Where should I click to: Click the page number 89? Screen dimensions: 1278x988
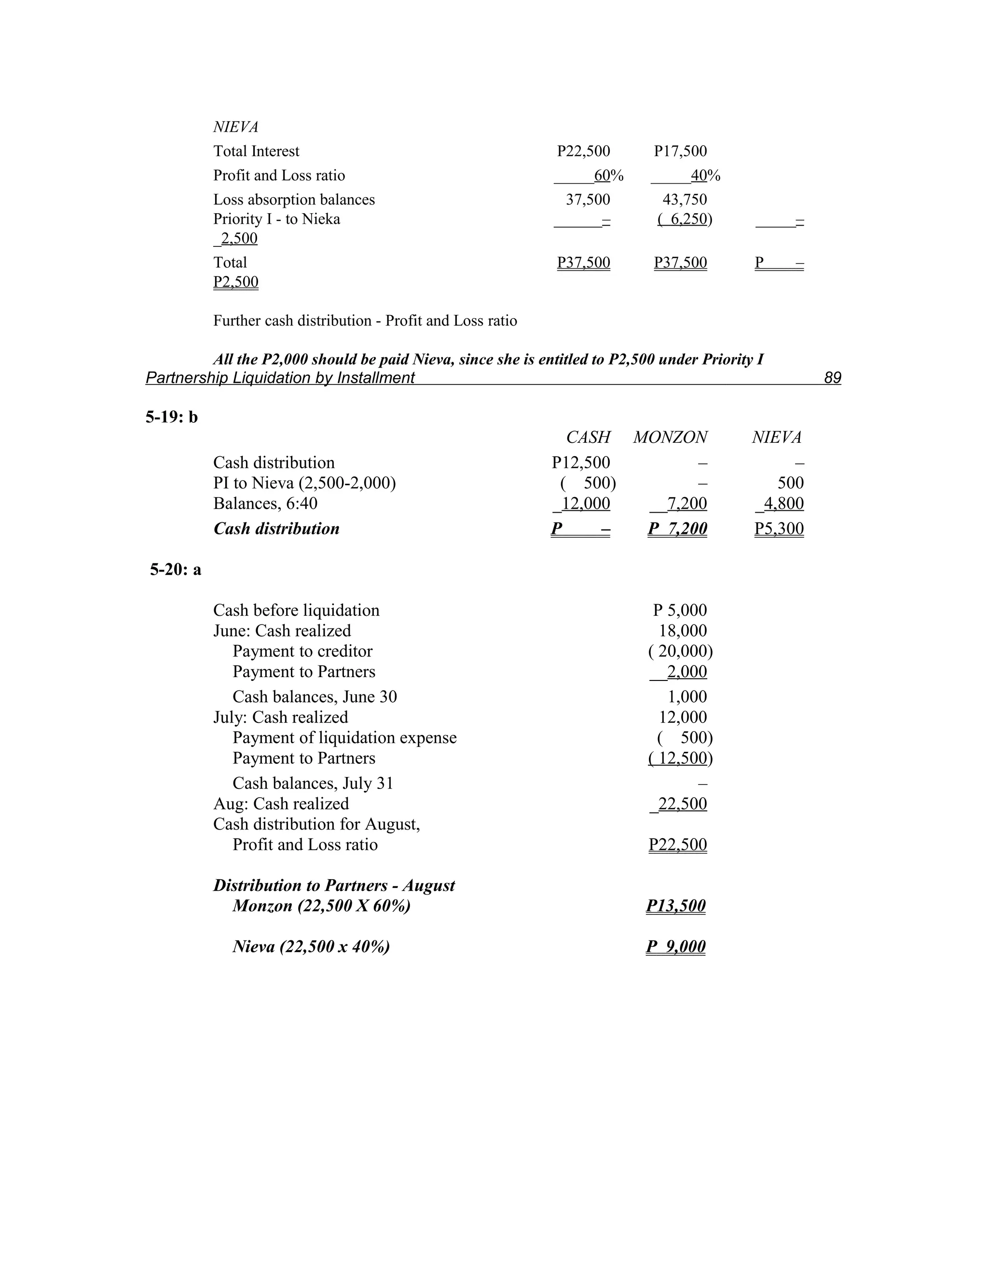click(x=832, y=378)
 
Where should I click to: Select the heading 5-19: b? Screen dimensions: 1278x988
click(x=171, y=417)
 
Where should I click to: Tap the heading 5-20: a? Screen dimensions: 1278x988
click(x=175, y=570)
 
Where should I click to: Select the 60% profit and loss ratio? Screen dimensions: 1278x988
click(x=608, y=176)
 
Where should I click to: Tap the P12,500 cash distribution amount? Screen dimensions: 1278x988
click(x=581, y=463)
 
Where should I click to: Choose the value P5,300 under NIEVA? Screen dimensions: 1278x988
click(x=779, y=529)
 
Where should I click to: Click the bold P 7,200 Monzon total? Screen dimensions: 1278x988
click(x=677, y=529)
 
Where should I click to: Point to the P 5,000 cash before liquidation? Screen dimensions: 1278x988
click(x=680, y=611)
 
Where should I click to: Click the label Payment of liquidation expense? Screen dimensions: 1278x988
click(x=344, y=738)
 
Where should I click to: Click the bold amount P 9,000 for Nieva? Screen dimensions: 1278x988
click(x=675, y=947)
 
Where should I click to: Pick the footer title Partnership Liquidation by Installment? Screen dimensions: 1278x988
click(x=280, y=378)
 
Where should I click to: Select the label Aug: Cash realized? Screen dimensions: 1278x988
click(x=281, y=804)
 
